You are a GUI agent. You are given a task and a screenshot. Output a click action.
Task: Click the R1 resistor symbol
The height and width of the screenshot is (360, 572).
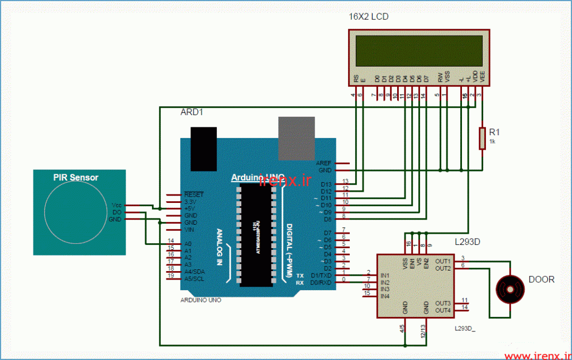482,138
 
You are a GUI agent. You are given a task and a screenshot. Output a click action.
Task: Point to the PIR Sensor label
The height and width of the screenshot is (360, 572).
75,178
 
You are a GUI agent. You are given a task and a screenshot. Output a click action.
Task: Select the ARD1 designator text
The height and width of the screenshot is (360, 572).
192,112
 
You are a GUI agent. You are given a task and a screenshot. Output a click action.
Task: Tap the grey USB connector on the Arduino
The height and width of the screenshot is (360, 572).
297,137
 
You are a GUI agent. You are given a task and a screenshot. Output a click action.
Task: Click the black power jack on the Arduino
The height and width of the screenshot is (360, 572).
203,148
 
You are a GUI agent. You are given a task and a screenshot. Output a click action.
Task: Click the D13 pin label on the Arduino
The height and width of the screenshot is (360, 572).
326,184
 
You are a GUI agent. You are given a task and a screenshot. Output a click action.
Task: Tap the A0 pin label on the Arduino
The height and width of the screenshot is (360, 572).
188,244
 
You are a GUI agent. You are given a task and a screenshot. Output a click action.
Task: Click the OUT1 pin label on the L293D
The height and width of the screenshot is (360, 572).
443,261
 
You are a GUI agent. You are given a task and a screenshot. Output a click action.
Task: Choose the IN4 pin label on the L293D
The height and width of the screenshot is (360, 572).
384,296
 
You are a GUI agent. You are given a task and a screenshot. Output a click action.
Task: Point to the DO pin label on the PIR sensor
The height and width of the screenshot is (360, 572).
117,212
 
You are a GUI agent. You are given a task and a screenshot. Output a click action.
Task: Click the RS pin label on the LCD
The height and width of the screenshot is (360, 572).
356,79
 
